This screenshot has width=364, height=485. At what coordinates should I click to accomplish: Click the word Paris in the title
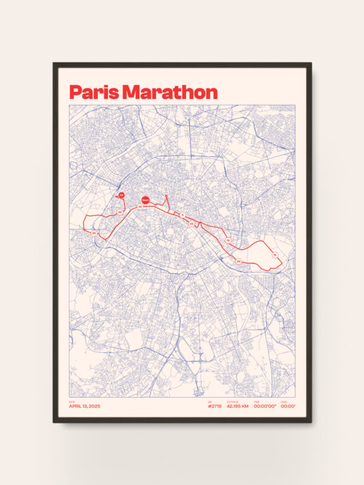pyautogui.click(x=94, y=92)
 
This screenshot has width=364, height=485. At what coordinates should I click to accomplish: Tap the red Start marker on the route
pyautogui.click(x=145, y=199)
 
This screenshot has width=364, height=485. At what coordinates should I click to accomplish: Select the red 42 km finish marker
pyautogui.click(x=121, y=195)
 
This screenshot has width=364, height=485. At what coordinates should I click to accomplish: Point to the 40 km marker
pyautogui.click(x=120, y=212)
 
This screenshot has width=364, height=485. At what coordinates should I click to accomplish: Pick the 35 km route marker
pyautogui.click(x=95, y=233)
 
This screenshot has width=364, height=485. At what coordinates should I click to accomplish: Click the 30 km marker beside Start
pyautogui.click(x=140, y=207)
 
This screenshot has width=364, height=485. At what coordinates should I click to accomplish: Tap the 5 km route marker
pyautogui.click(x=182, y=215)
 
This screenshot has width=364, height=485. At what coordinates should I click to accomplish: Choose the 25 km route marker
pyautogui.click(x=192, y=224)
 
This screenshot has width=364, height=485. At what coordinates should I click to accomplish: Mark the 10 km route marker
pyautogui.click(x=228, y=241)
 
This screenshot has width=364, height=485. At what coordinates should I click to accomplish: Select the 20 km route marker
pyautogui.click(x=238, y=261)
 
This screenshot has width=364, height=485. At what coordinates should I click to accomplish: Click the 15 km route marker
pyautogui.click(x=275, y=255)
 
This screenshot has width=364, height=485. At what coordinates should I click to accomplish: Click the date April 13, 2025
pyautogui.click(x=83, y=406)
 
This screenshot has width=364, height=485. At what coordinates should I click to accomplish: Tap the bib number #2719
pyautogui.click(x=215, y=406)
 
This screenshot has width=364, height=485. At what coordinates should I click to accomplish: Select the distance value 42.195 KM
pyautogui.click(x=238, y=406)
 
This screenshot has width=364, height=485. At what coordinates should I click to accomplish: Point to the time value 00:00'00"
pyautogui.click(x=264, y=406)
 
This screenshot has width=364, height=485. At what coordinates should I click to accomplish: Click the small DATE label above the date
pyautogui.click(x=72, y=401)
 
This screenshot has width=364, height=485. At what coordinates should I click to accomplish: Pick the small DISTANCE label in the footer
pyautogui.click(x=233, y=401)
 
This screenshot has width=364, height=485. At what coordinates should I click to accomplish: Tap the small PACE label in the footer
pyautogui.click(x=284, y=401)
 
